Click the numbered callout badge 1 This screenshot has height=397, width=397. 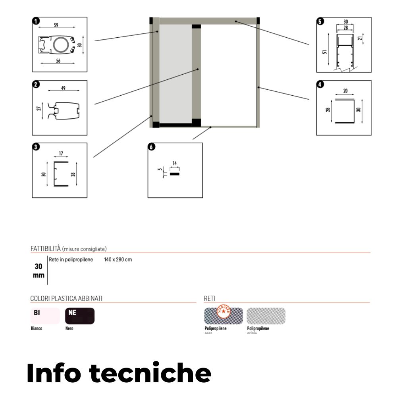36,21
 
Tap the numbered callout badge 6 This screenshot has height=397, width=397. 151,147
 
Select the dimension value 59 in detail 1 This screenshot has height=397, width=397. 56,25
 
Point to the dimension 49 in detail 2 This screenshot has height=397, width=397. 63,88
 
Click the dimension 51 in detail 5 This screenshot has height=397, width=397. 325,52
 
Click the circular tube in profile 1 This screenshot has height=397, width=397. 61,46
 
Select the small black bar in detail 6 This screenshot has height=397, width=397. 175,173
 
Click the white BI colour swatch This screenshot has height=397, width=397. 45,316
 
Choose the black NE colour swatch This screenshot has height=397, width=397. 80,316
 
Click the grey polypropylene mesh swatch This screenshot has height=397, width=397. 266,316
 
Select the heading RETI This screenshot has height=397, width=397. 209,298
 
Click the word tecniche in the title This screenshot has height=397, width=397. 149,373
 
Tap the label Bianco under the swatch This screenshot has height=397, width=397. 37,329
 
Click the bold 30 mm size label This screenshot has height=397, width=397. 39,271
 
